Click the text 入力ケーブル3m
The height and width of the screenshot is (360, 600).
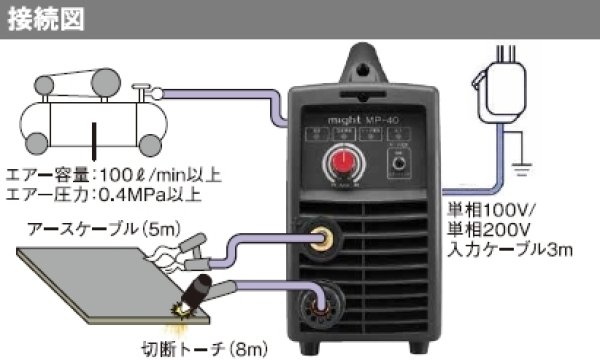pyautogui.click(x=513, y=247)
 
